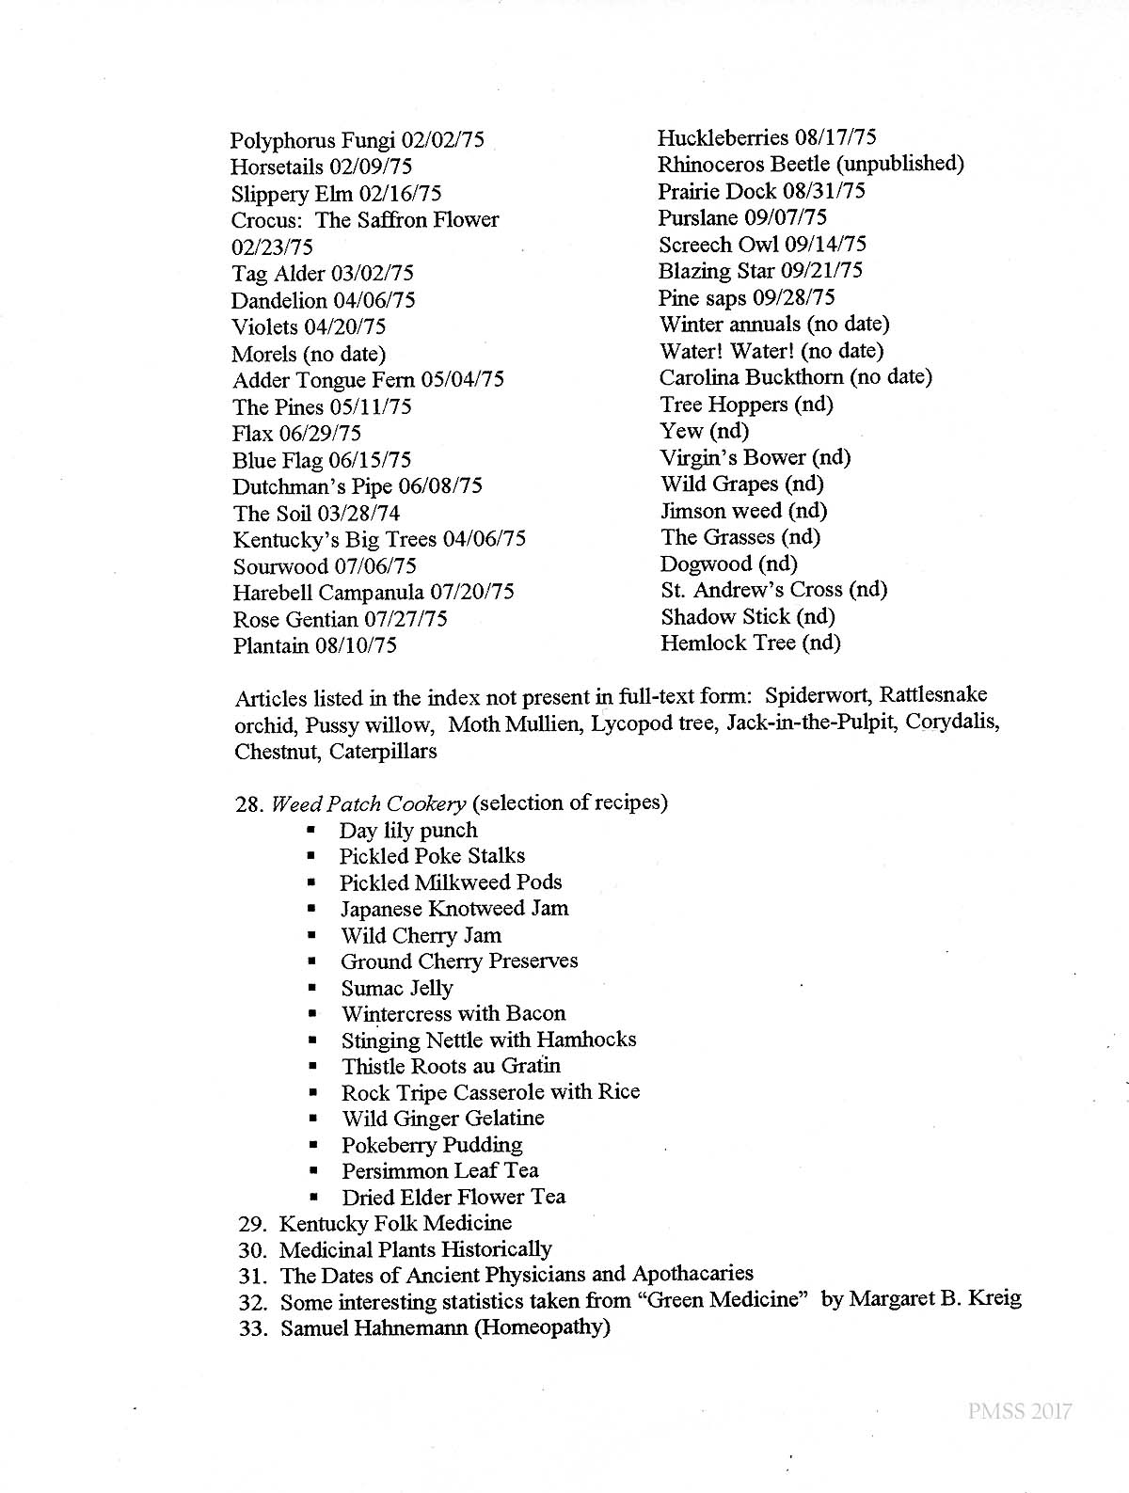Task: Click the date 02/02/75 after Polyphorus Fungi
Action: click(443, 141)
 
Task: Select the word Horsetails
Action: click(276, 167)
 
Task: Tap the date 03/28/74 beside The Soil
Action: click(358, 514)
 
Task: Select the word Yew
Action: click(681, 431)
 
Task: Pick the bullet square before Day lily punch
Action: click(310, 831)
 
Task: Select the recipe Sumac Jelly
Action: click(396, 988)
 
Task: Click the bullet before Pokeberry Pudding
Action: click(312, 1145)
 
